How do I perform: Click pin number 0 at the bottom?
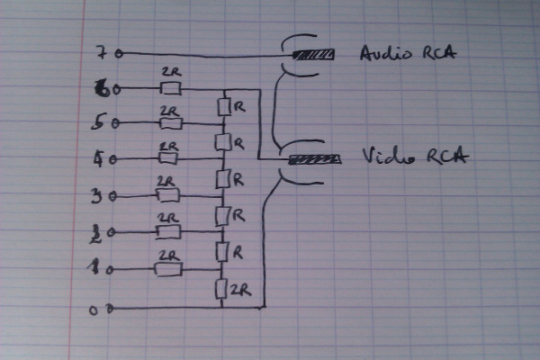(x=99, y=309)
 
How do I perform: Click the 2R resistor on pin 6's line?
(x=170, y=88)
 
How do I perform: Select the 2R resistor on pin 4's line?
(x=169, y=158)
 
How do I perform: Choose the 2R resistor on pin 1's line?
(x=169, y=268)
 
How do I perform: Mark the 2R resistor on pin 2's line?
(x=168, y=231)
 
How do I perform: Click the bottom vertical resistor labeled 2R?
(x=221, y=289)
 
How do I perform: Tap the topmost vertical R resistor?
(x=223, y=107)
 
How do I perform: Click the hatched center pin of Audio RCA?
(x=315, y=55)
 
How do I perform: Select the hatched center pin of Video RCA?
(x=315, y=160)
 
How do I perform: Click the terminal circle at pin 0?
(x=111, y=309)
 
